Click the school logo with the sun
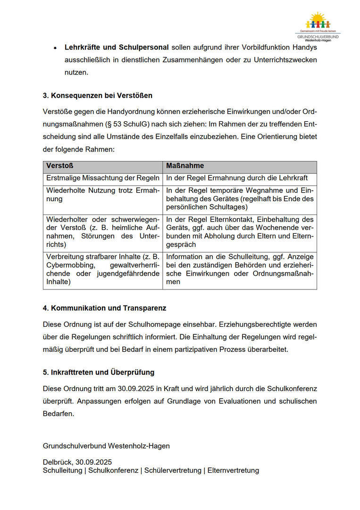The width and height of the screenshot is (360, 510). (318, 25)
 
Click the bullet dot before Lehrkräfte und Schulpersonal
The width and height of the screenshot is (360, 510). (55, 48)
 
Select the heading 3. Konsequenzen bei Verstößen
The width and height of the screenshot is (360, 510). (98, 95)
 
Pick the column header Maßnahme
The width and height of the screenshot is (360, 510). (185, 166)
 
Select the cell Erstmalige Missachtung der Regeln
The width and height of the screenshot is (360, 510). (102, 178)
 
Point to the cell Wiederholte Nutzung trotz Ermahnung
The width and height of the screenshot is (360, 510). (102, 195)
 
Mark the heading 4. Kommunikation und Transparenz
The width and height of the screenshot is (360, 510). (104, 308)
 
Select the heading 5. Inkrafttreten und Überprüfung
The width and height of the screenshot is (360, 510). (99, 372)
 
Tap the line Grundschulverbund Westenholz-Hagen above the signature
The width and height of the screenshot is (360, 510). (106, 446)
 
